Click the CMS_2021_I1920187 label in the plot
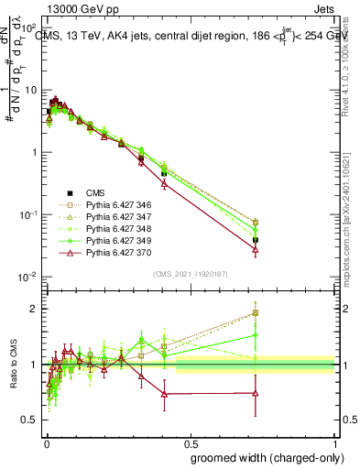190,274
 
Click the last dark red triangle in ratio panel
256,393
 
